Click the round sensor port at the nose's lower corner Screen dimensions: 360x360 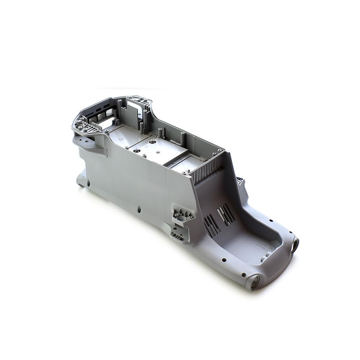click(253, 282)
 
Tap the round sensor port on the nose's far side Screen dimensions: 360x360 click(294, 246)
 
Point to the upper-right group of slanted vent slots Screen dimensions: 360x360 click(226, 213)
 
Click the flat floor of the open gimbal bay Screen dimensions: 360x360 click(252, 245)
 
